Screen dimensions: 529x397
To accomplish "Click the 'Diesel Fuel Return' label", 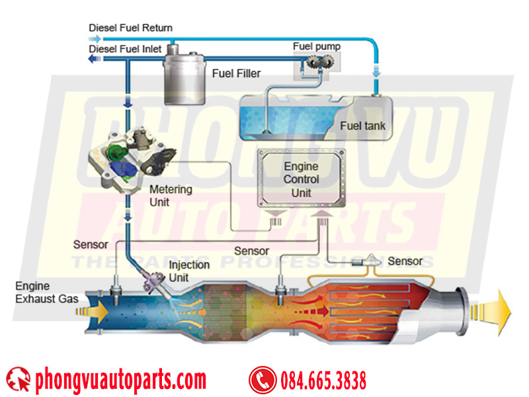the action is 130,28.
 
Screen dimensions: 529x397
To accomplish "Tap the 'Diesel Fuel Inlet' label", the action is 125,49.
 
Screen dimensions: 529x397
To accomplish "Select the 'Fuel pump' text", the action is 317,46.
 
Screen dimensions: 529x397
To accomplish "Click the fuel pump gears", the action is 321,62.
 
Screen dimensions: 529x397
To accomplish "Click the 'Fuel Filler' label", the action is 236,73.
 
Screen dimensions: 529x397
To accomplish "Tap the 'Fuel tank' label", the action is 362,126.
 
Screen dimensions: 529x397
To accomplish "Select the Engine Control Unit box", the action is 302,178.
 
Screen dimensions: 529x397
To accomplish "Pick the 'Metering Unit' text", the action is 171,195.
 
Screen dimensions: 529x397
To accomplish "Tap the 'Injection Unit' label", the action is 189,271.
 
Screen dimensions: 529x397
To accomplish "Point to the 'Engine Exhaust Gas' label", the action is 46,292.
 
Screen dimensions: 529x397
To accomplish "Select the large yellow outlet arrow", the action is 491,312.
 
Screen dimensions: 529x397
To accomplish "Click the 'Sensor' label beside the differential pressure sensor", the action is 405,261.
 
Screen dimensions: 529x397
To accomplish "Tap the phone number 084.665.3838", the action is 323,380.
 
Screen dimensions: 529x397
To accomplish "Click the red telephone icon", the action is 262,380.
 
